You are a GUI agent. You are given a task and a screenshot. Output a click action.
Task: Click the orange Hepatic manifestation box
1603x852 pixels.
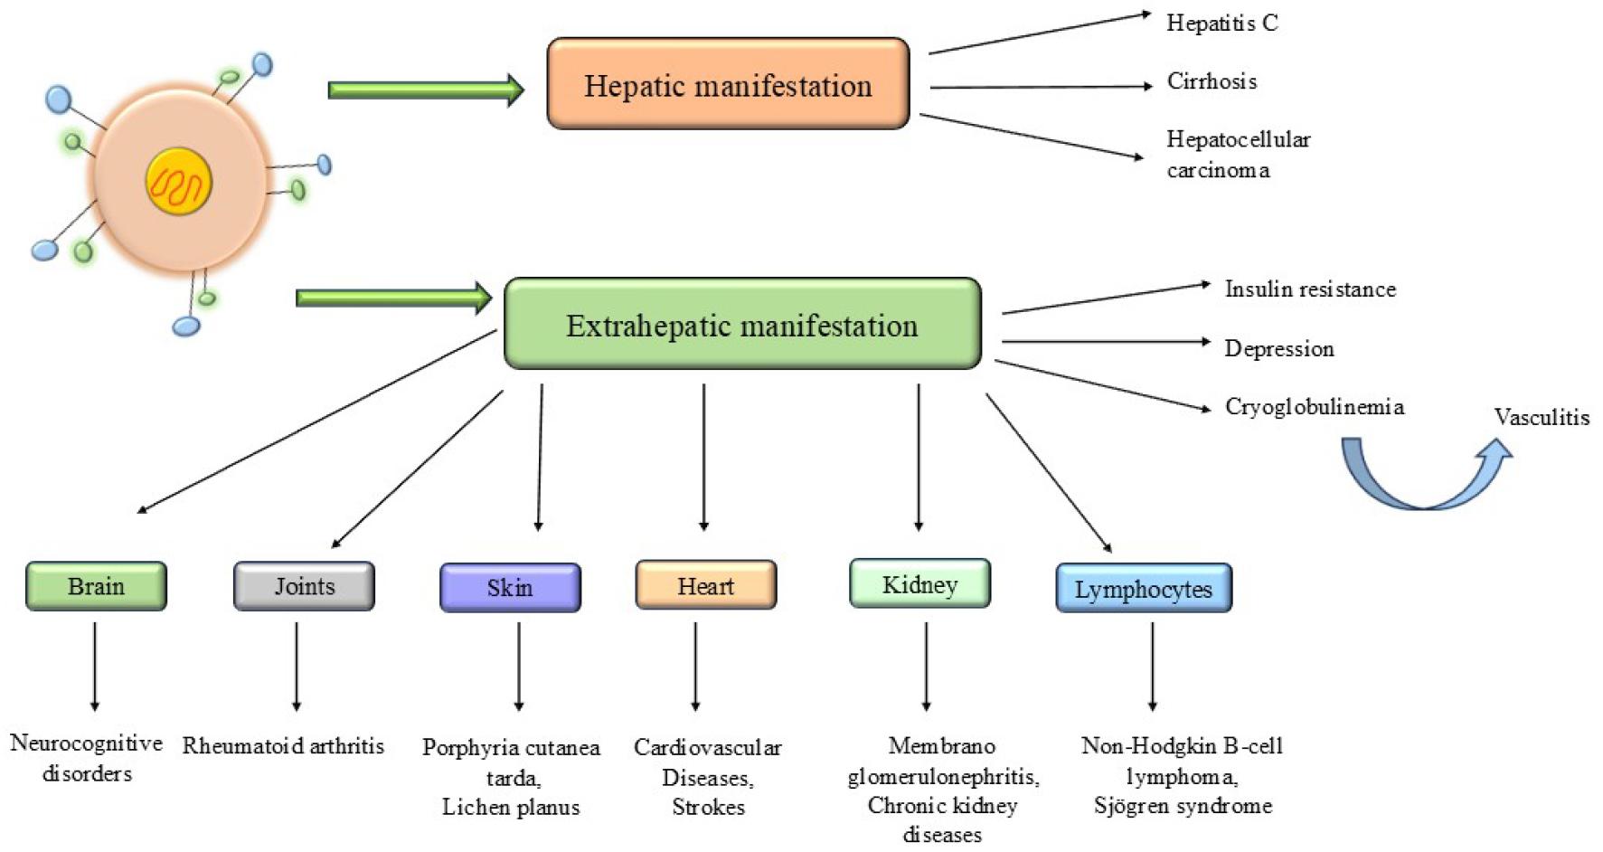pyautogui.click(x=728, y=83)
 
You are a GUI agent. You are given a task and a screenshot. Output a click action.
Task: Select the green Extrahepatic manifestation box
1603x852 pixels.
pyautogui.click(x=742, y=324)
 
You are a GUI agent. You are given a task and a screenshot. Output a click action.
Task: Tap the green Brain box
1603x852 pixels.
pyautogui.click(x=96, y=586)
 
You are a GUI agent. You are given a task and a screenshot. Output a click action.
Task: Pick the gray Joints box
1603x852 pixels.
pyautogui.click(x=304, y=586)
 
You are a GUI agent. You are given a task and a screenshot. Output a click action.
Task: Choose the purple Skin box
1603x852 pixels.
pyautogui.click(x=510, y=588)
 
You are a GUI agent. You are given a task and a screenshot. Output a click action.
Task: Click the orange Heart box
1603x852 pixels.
pyautogui.click(x=706, y=585)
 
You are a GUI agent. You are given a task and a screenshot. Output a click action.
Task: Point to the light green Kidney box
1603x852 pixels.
pyautogui.click(x=919, y=583)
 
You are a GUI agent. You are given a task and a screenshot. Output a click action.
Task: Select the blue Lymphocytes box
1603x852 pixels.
pyautogui.click(x=1144, y=588)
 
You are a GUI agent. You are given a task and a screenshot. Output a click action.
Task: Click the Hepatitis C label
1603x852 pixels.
pyautogui.click(x=1222, y=23)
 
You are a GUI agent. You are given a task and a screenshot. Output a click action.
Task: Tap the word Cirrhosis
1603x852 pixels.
pyautogui.click(x=1212, y=81)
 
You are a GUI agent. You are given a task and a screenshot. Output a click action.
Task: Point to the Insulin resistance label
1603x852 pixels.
pyautogui.click(x=1310, y=289)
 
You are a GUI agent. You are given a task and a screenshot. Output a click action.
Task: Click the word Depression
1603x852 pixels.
pyautogui.click(x=1279, y=349)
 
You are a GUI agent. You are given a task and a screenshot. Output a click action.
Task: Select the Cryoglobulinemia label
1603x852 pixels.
pyautogui.click(x=1315, y=407)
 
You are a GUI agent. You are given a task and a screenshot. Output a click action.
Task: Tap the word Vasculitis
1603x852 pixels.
pyautogui.click(x=1542, y=417)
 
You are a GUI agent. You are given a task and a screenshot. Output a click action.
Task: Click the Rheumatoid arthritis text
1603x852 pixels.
pyautogui.click(x=283, y=746)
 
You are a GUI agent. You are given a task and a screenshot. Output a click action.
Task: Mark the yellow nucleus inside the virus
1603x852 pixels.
pyautogui.click(x=179, y=182)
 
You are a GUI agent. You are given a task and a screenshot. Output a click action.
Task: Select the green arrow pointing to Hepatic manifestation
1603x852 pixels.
pyautogui.click(x=426, y=90)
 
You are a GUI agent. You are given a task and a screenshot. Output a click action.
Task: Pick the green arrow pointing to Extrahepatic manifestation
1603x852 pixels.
pyautogui.click(x=394, y=298)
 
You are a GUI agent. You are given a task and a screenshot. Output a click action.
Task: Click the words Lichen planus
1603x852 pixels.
pyautogui.click(x=511, y=808)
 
